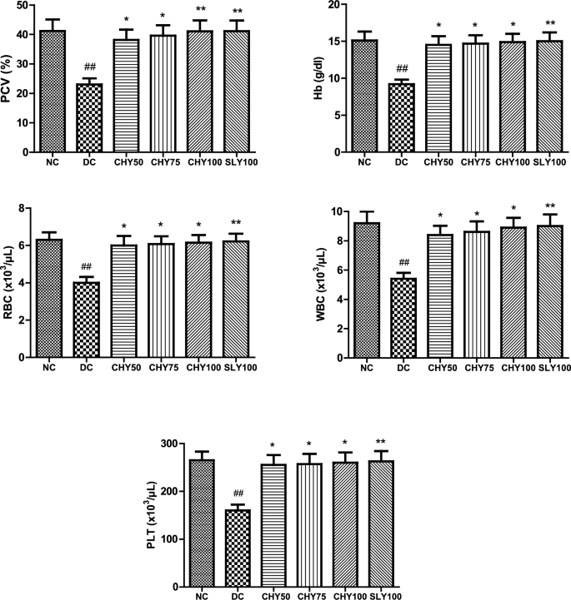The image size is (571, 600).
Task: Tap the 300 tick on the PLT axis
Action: click(178, 444)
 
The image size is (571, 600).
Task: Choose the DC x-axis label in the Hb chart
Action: click(402, 161)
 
